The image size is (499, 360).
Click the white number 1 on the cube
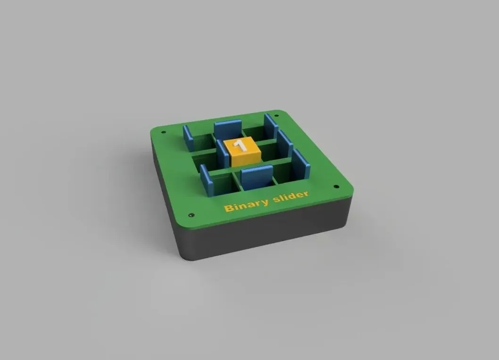coord(241,145)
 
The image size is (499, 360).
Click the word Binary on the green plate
coord(245,204)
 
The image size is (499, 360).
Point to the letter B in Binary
coord(228,208)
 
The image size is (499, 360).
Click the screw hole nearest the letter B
coord(191,215)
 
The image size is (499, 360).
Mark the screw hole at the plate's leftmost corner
coord(163,132)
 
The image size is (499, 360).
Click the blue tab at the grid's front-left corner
coord(206,180)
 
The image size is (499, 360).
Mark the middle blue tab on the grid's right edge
coord(285,144)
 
